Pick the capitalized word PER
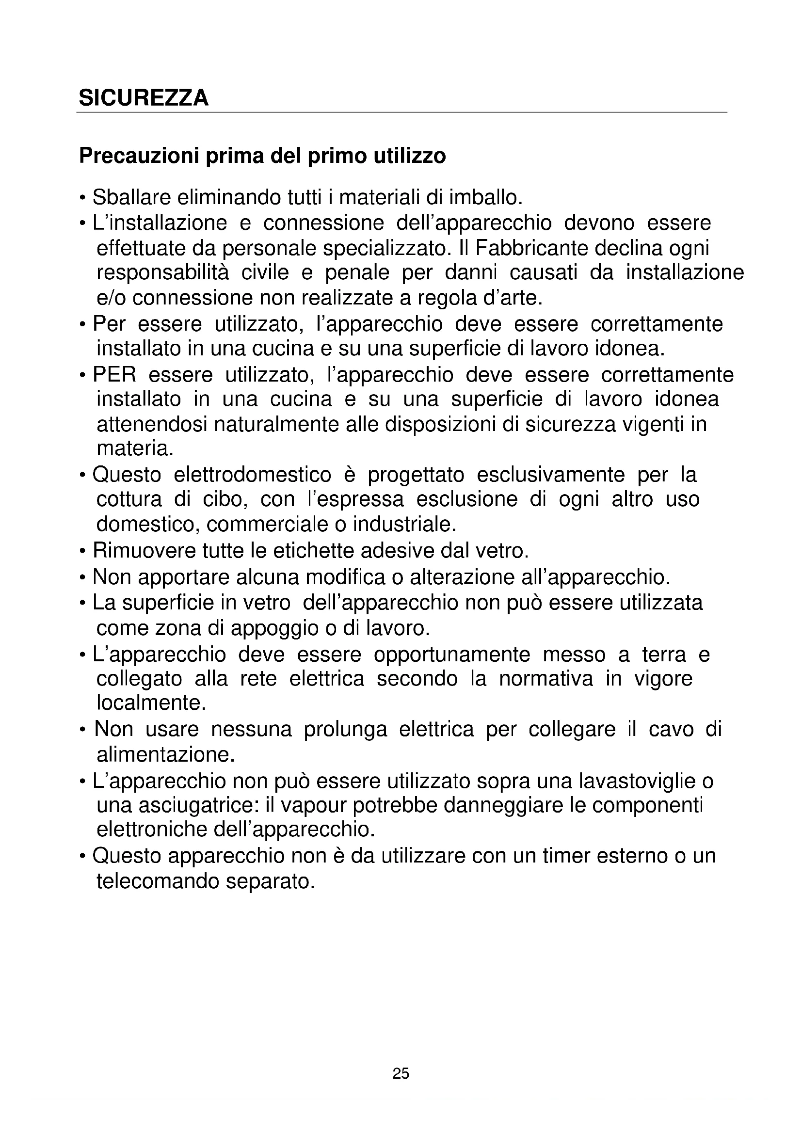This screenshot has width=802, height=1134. point(114,375)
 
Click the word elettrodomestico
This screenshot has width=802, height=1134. point(252,475)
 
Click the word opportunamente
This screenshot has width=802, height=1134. point(452,655)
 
